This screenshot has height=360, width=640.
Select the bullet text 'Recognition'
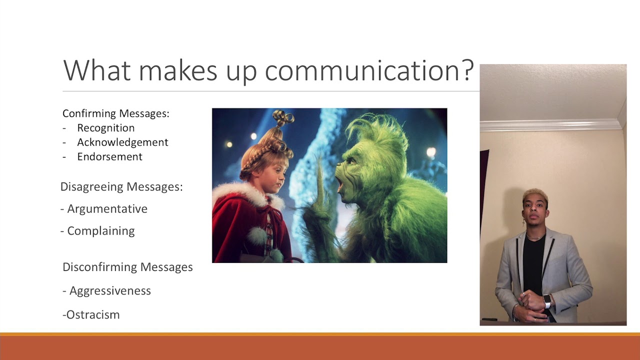pos(105,128)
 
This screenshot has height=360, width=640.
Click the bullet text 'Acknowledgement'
pos(122,142)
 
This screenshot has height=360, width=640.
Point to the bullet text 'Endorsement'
pos(109,157)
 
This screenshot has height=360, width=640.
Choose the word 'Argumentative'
pos(107,209)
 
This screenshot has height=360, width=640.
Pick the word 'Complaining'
pos(100,231)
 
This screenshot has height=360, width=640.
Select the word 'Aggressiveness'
pos(110,291)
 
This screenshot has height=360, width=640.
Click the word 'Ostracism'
pos(92,315)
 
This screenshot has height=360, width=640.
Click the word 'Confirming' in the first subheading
pos(88,113)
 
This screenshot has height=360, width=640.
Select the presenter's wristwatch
pos(547,301)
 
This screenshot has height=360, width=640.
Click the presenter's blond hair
pos(535,194)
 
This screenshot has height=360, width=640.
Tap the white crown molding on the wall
pos(550,125)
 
